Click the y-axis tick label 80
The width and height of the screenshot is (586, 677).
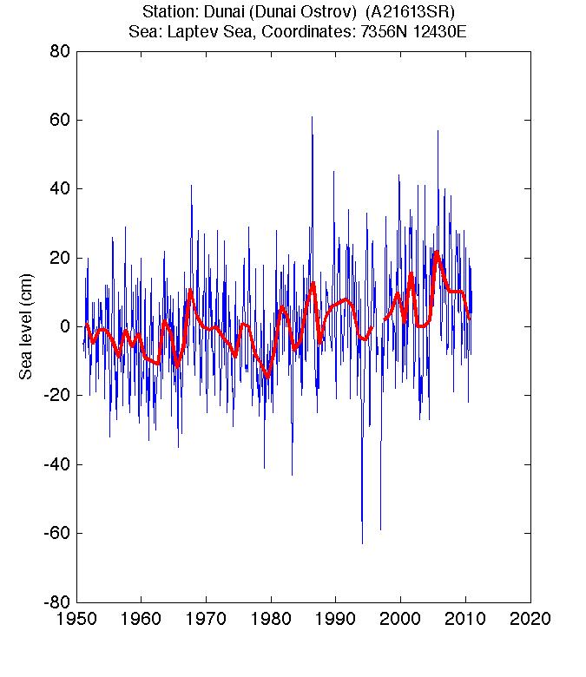(58, 51)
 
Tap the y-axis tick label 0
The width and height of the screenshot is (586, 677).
(64, 326)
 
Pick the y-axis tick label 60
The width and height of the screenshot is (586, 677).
(58, 120)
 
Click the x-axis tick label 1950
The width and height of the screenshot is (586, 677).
(76, 620)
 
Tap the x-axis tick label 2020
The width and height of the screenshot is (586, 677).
(530, 620)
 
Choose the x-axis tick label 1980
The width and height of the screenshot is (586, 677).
(271, 620)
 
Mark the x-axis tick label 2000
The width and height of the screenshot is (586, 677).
(400, 620)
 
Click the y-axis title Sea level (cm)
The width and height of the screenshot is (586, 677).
(26, 326)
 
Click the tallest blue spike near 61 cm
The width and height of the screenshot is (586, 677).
(312, 118)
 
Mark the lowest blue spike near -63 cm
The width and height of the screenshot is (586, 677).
(362, 542)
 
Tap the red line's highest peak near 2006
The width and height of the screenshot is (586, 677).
(437, 253)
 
